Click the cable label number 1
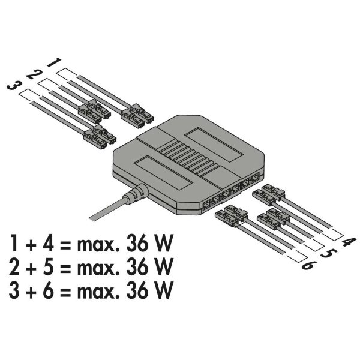tap(53, 62)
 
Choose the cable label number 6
tap(307, 265)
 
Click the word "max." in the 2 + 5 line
tap(96, 266)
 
